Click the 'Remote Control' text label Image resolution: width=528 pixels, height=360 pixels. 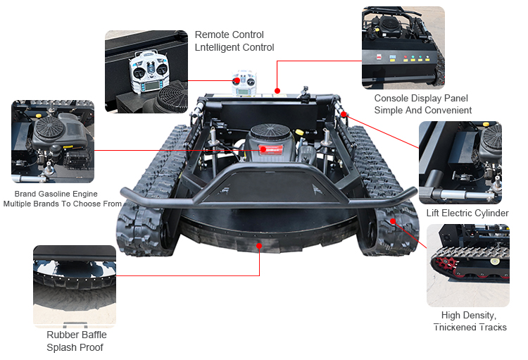click(x=229, y=35)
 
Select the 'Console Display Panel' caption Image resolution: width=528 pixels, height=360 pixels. click(x=421, y=99)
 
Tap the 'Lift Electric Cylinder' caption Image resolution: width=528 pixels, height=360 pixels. click(x=467, y=213)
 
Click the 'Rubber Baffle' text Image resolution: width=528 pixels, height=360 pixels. click(x=77, y=335)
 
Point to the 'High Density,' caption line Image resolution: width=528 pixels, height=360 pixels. click(x=469, y=316)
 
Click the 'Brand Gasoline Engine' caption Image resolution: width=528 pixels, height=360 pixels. click(x=56, y=194)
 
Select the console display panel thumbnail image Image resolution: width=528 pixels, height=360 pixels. click(x=403, y=47)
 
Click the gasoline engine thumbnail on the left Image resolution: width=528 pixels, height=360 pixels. click(x=53, y=142)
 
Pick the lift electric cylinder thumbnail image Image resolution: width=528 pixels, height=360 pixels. click(x=460, y=163)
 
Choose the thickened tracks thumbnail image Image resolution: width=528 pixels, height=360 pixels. click(x=467, y=265)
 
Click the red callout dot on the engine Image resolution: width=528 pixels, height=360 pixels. click(x=262, y=149)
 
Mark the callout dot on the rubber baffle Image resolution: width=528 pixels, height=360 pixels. click(x=260, y=246)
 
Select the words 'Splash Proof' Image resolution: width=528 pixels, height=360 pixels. click(x=75, y=347)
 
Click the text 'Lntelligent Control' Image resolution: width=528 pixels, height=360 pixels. click(x=234, y=47)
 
